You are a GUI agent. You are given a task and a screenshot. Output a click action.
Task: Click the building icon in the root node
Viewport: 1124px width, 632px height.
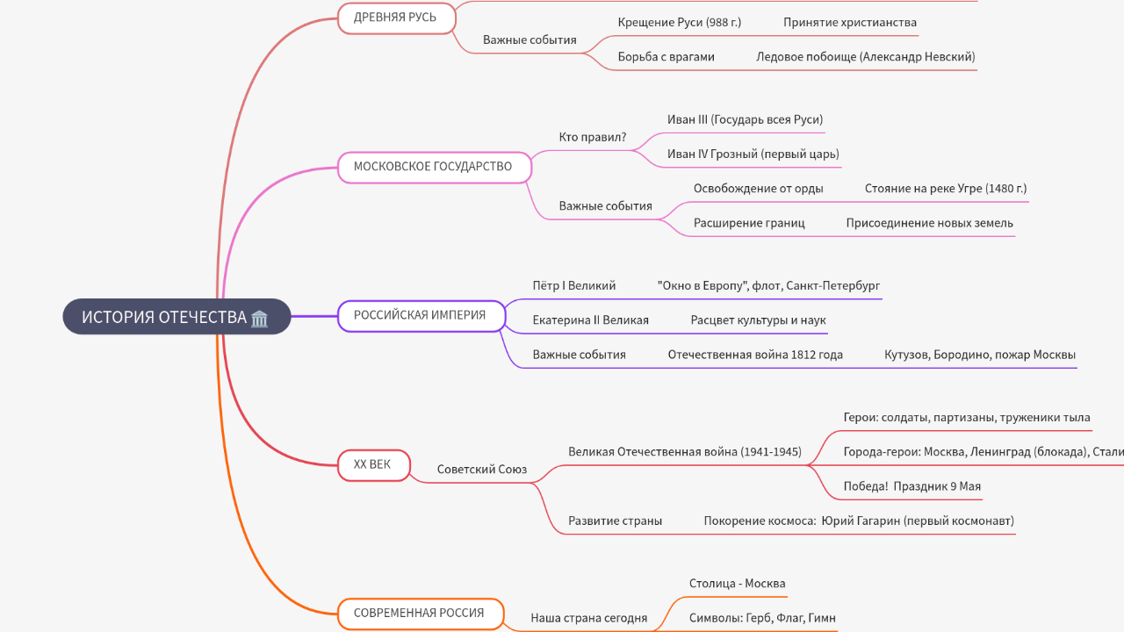[x=259, y=318]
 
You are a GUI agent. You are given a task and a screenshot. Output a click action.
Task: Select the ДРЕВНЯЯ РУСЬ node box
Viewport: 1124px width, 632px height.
[x=397, y=18]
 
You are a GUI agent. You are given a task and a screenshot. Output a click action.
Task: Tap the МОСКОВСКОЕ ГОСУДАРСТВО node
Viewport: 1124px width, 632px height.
[x=434, y=167]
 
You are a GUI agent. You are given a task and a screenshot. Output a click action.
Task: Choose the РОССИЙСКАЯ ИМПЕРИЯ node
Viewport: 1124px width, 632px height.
[x=421, y=315]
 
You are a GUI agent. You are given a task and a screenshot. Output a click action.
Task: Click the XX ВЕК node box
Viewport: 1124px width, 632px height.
[x=373, y=464]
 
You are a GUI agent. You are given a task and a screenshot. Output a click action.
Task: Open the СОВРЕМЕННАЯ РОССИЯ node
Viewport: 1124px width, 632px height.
[x=420, y=614]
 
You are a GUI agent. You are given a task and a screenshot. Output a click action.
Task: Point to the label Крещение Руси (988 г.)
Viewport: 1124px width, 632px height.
[x=679, y=23]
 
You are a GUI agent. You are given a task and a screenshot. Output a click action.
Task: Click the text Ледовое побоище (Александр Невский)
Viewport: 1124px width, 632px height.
[x=865, y=57]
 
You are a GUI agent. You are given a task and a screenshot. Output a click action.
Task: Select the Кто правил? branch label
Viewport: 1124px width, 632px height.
[x=593, y=137]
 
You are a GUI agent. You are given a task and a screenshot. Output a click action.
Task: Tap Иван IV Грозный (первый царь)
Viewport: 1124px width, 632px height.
[x=753, y=154]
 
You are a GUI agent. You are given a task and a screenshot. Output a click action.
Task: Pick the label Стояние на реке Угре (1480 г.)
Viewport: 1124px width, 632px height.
[x=945, y=189]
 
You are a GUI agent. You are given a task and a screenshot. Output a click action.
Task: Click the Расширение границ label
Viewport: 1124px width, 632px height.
[x=749, y=223]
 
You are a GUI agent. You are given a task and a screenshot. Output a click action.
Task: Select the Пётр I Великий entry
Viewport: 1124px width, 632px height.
[x=574, y=286]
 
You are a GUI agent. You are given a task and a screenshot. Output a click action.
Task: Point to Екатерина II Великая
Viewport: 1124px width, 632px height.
[x=590, y=320]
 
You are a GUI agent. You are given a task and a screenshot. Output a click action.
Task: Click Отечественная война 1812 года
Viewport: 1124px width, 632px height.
[x=755, y=355]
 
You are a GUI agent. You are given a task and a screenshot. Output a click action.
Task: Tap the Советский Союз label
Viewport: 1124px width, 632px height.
[x=482, y=470]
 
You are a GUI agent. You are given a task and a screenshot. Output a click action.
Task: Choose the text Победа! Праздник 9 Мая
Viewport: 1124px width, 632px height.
[x=911, y=486]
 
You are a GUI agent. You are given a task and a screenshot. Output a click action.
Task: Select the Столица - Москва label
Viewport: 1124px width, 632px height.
[x=737, y=584]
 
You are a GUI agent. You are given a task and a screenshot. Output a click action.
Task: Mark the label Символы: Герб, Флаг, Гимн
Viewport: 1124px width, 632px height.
[x=762, y=618]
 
